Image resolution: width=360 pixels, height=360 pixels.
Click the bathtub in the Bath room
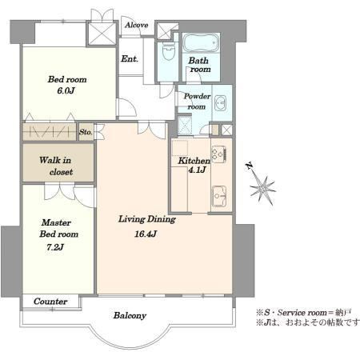tap(201, 43)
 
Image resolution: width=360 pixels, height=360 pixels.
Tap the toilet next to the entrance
tap(168, 51)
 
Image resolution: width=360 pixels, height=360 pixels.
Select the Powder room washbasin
tap(220, 102)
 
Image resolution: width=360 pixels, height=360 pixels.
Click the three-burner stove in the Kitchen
tap(219, 154)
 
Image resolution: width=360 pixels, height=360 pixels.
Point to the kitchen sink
tap(219, 196)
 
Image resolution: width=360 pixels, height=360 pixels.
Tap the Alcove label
tap(137, 25)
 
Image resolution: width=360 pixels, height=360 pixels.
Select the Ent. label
tap(130, 58)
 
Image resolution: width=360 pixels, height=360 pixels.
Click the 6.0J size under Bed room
tap(66, 90)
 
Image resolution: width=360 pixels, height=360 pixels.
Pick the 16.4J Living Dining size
tap(146, 234)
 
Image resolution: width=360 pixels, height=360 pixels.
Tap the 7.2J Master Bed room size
tap(55, 247)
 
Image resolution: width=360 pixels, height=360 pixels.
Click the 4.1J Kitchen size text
tap(198, 170)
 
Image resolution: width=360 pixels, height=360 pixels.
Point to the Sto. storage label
tap(86, 132)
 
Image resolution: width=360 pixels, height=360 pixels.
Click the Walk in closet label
tap(56, 166)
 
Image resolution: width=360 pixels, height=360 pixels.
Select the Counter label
tap(50, 302)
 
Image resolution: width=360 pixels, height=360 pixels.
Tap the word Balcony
tap(130, 316)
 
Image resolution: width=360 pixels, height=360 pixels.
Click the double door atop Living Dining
tap(151, 130)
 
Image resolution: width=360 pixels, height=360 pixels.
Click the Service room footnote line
tap(304, 312)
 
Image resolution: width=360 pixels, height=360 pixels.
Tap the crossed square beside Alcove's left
tap(102, 34)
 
